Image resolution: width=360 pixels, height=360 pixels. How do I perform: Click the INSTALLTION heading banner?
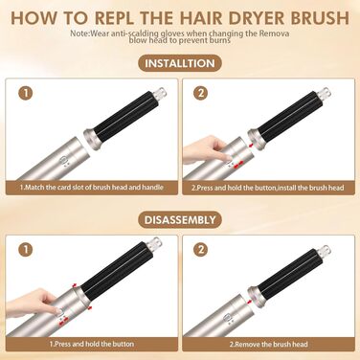pyautogui.click(x=180, y=64)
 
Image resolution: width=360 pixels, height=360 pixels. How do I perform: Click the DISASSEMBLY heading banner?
pyautogui.click(x=180, y=219)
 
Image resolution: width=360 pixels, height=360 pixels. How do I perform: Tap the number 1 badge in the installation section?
pyautogui.click(x=27, y=94)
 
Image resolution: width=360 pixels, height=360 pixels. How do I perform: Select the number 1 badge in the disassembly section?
pyautogui.click(x=27, y=248)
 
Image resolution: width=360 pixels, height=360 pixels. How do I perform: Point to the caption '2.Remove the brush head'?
pyautogui.click(x=268, y=343)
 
